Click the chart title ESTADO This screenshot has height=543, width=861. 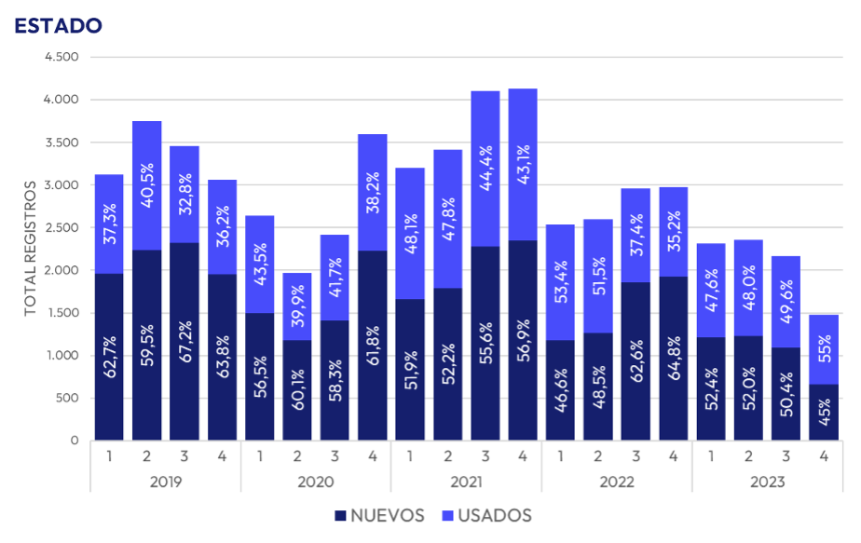point(58,25)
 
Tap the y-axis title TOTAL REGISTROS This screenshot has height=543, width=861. point(30,248)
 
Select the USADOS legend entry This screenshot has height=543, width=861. point(489,515)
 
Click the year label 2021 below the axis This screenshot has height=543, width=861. point(466,482)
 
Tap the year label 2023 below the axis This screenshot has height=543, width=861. point(766,482)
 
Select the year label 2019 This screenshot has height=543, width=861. point(165,482)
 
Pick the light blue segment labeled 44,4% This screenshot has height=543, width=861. point(485,168)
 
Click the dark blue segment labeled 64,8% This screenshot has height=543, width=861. point(673,359)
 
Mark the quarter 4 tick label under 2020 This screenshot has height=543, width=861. point(372,455)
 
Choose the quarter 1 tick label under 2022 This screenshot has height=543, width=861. point(560,455)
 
